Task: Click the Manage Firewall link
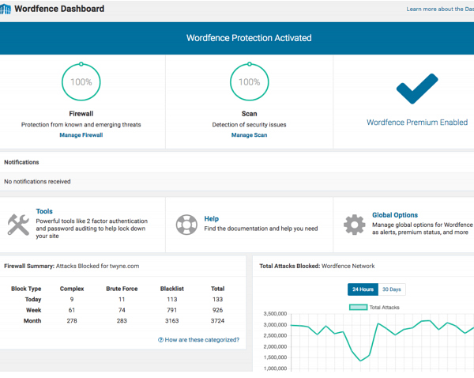pyautogui.click(x=81, y=135)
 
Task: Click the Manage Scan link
pyautogui.click(x=249, y=135)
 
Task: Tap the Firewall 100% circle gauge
pyautogui.click(x=81, y=81)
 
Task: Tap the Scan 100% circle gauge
pyautogui.click(x=249, y=81)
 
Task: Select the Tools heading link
pyautogui.click(x=44, y=212)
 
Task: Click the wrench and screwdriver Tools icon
pyautogui.click(x=18, y=224)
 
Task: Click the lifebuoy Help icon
pyautogui.click(x=186, y=224)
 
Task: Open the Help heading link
pyautogui.click(x=211, y=219)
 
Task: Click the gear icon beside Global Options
pyautogui.click(x=354, y=224)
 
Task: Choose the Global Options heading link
pyautogui.click(x=395, y=215)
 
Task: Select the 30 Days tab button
pyautogui.click(x=391, y=289)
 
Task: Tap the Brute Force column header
pyautogui.click(x=122, y=289)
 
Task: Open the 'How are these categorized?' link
pyautogui.click(x=198, y=340)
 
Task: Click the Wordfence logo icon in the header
pyautogui.click(x=6, y=9)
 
